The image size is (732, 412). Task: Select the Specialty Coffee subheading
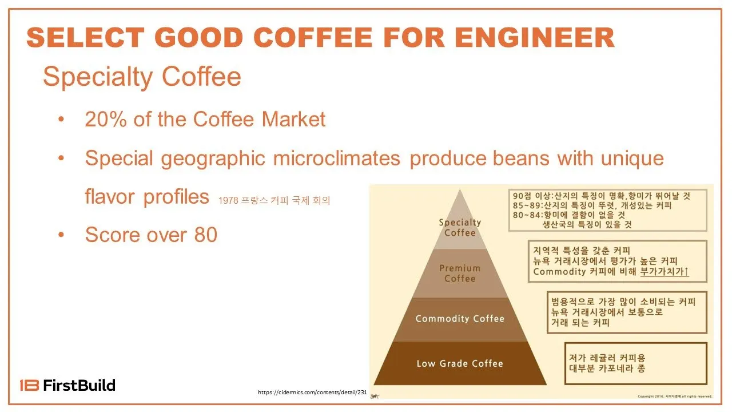coord(142,77)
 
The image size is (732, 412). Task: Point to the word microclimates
coord(337,158)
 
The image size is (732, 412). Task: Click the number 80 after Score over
coord(206,235)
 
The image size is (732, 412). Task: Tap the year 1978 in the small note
coord(226,201)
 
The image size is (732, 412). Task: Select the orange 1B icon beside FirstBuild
coord(29,385)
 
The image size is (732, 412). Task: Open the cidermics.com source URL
coord(312,392)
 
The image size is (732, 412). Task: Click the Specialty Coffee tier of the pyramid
coord(460,227)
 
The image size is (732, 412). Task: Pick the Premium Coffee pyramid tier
coord(460,273)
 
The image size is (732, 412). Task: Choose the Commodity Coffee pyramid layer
coord(460,319)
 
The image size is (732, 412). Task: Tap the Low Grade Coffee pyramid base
coord(460,363)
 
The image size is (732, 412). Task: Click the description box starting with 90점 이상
coord(608,210)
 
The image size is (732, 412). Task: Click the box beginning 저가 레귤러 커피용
coord(635,363)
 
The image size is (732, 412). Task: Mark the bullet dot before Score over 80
coord(61,235)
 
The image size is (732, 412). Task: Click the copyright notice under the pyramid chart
coord(675,396)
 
